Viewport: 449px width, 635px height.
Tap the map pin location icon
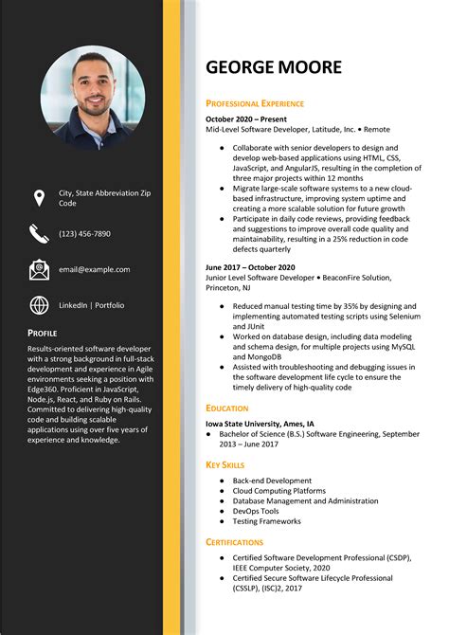39,197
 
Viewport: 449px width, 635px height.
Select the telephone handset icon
39,233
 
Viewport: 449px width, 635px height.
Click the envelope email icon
39,269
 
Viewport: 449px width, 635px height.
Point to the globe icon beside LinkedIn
39,305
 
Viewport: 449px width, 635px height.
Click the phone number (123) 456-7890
84,233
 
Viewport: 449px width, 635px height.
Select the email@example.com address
94,269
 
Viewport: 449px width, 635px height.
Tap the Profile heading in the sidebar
43,333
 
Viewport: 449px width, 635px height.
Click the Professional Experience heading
255,103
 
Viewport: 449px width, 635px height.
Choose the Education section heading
227,408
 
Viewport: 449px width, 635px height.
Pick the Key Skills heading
225,465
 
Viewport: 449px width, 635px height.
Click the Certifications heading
234,541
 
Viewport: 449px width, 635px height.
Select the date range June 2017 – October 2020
250,267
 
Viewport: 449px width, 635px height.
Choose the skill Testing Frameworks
268,521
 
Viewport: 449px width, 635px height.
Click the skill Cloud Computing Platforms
278,491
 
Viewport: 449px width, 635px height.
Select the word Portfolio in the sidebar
109,305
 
